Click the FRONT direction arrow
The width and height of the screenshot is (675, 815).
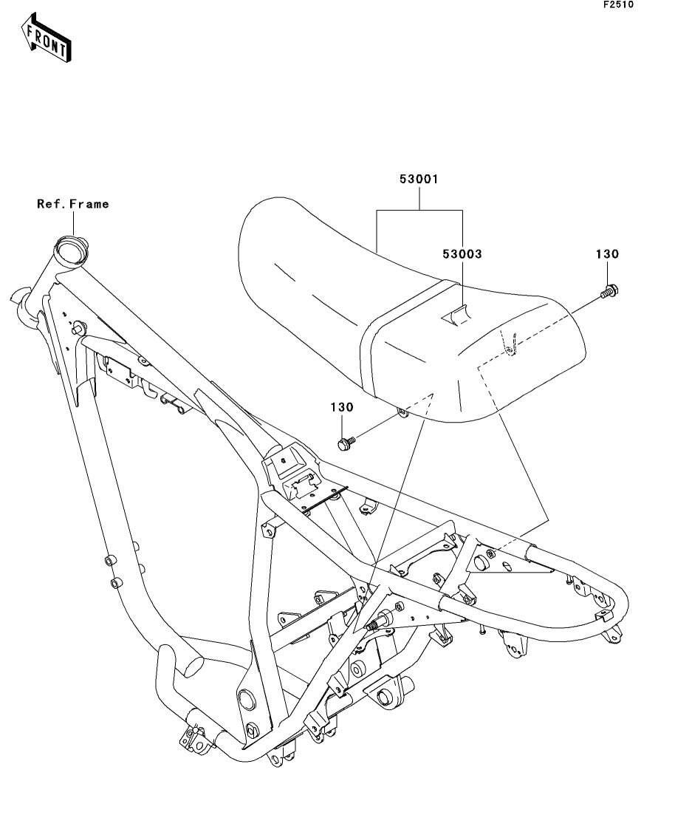46,38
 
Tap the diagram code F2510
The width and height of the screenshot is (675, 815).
618,4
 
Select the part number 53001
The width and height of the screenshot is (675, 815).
419,180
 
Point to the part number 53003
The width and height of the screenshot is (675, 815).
462,254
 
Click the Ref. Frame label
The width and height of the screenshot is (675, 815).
73,204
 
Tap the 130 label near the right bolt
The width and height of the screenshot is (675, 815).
607,254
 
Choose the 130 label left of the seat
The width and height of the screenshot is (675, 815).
342,407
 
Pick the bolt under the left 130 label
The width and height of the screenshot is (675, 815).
346,443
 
